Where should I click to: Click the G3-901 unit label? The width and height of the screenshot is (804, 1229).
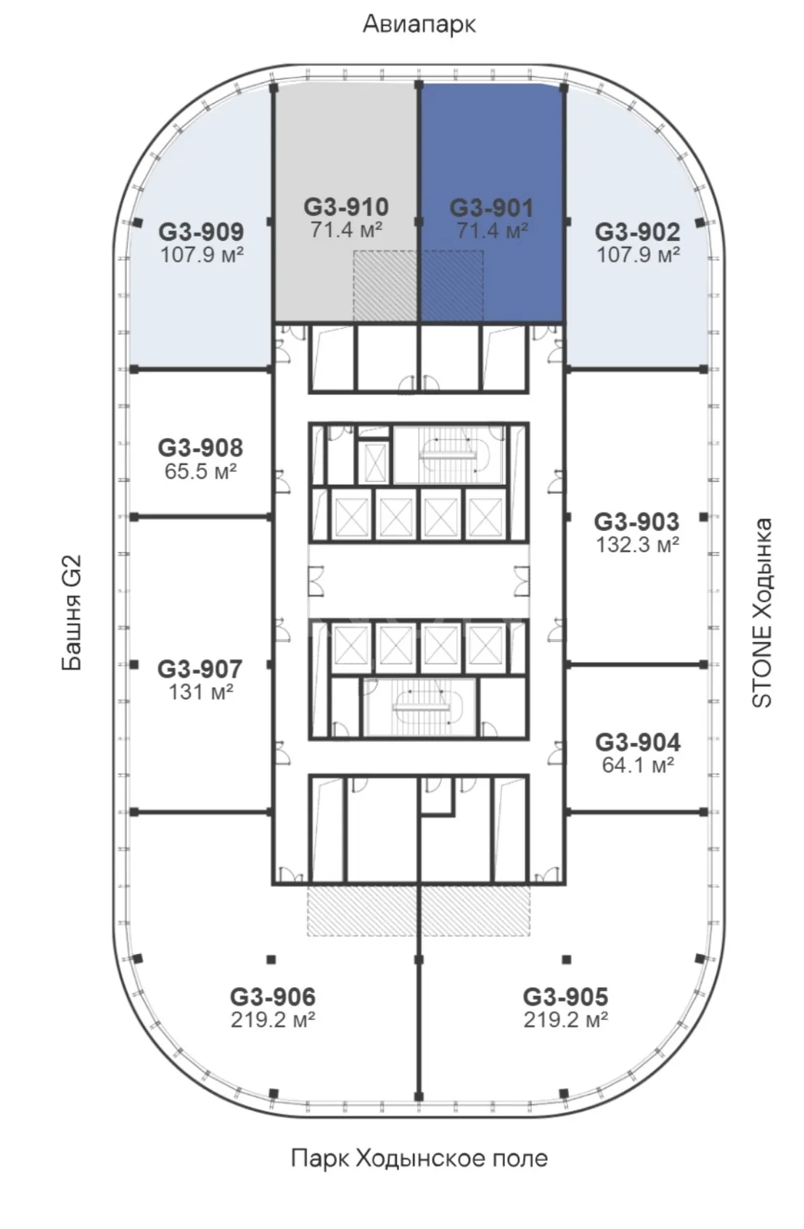(x=491, y=208)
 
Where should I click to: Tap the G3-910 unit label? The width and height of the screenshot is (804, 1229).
(x=345, y=207)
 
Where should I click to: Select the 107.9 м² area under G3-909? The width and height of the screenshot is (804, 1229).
(x=202, y=255)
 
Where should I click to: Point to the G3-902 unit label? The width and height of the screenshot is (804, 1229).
(x=637, y=231)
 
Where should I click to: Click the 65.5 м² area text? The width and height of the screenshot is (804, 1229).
(x=200, y=472)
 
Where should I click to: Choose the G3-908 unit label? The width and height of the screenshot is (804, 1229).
(x=200, y=448)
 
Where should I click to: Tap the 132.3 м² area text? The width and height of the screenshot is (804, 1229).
(x=637, y=545)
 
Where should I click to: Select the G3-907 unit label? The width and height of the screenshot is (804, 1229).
(x=200, y=669)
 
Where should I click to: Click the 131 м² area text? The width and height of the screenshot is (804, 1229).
(x=200, y=692)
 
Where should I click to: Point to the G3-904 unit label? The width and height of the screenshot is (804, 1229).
(x=638, y=742)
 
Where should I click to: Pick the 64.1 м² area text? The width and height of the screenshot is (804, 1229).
(x=638, y=765)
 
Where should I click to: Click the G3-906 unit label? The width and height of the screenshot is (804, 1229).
(x=273, y=997)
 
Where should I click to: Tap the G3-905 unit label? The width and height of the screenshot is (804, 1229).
(x=565, y=997)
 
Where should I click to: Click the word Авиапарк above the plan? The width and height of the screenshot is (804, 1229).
(x=419, y=25)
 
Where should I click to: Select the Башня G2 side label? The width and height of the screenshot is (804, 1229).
(x=72, y=612)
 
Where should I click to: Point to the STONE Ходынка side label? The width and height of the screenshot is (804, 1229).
(x=761, y=612)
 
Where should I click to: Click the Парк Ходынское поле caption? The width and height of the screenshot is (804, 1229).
(x=419, y=1159)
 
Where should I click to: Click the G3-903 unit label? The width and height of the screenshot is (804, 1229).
(x=636, y=522)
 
